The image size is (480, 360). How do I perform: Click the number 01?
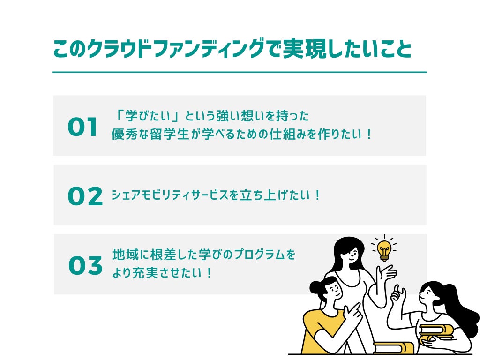pyautogui.click(x=83, y=127)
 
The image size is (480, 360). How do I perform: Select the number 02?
pyautogui.click(x=85, y=196)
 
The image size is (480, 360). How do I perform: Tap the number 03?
pyautogui.click(x=85, y=266)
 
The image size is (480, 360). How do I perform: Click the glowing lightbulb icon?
pyautogui.click(x=384, y=249)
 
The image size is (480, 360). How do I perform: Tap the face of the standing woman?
pyautogui.click(x=349, y=254)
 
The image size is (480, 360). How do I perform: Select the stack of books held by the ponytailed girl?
pyautogui.click(x=436, y=334)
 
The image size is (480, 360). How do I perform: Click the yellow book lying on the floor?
pyautogui.click(x=394, y=347)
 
